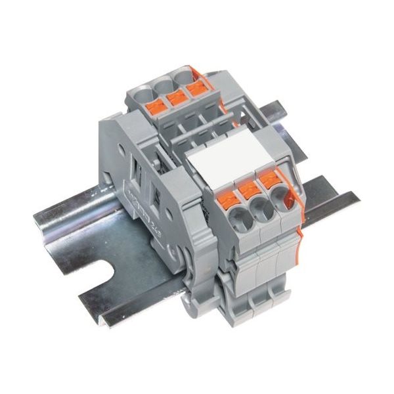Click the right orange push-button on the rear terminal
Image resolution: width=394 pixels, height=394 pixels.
(195, 91)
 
